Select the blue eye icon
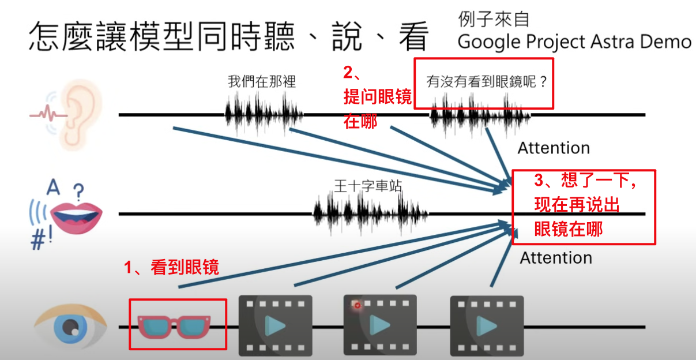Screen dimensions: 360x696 [x=70, y=327]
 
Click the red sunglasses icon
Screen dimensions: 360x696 [x=177, y=326]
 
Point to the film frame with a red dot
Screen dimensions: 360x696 [x=380, y=324]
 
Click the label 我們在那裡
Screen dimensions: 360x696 [x=262, y=82]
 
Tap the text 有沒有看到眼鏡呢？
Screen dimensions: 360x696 [x=486, y=82]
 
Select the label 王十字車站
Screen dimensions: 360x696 [x=368, y=186]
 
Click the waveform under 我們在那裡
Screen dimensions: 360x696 [x=264, y=114]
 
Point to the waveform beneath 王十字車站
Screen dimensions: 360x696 [x=371, y=213]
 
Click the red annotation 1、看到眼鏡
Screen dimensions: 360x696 [x=172, y=267]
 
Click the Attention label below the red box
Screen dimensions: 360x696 [x=556, y=258]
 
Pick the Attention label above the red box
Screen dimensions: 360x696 [x=554, y=148]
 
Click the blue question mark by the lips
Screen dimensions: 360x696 [x=79, y=190]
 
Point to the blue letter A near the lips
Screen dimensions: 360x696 [x=53, y=188]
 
